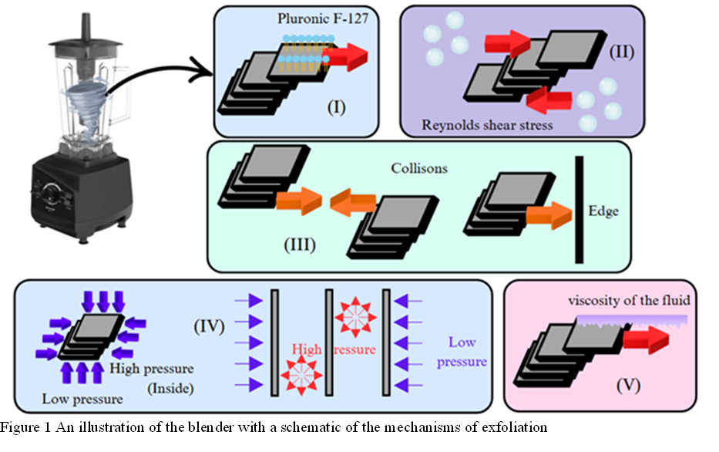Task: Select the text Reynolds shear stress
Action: tap(487, 124)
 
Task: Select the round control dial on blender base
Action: tap(56, 190)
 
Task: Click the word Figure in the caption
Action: tap(17, 427)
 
